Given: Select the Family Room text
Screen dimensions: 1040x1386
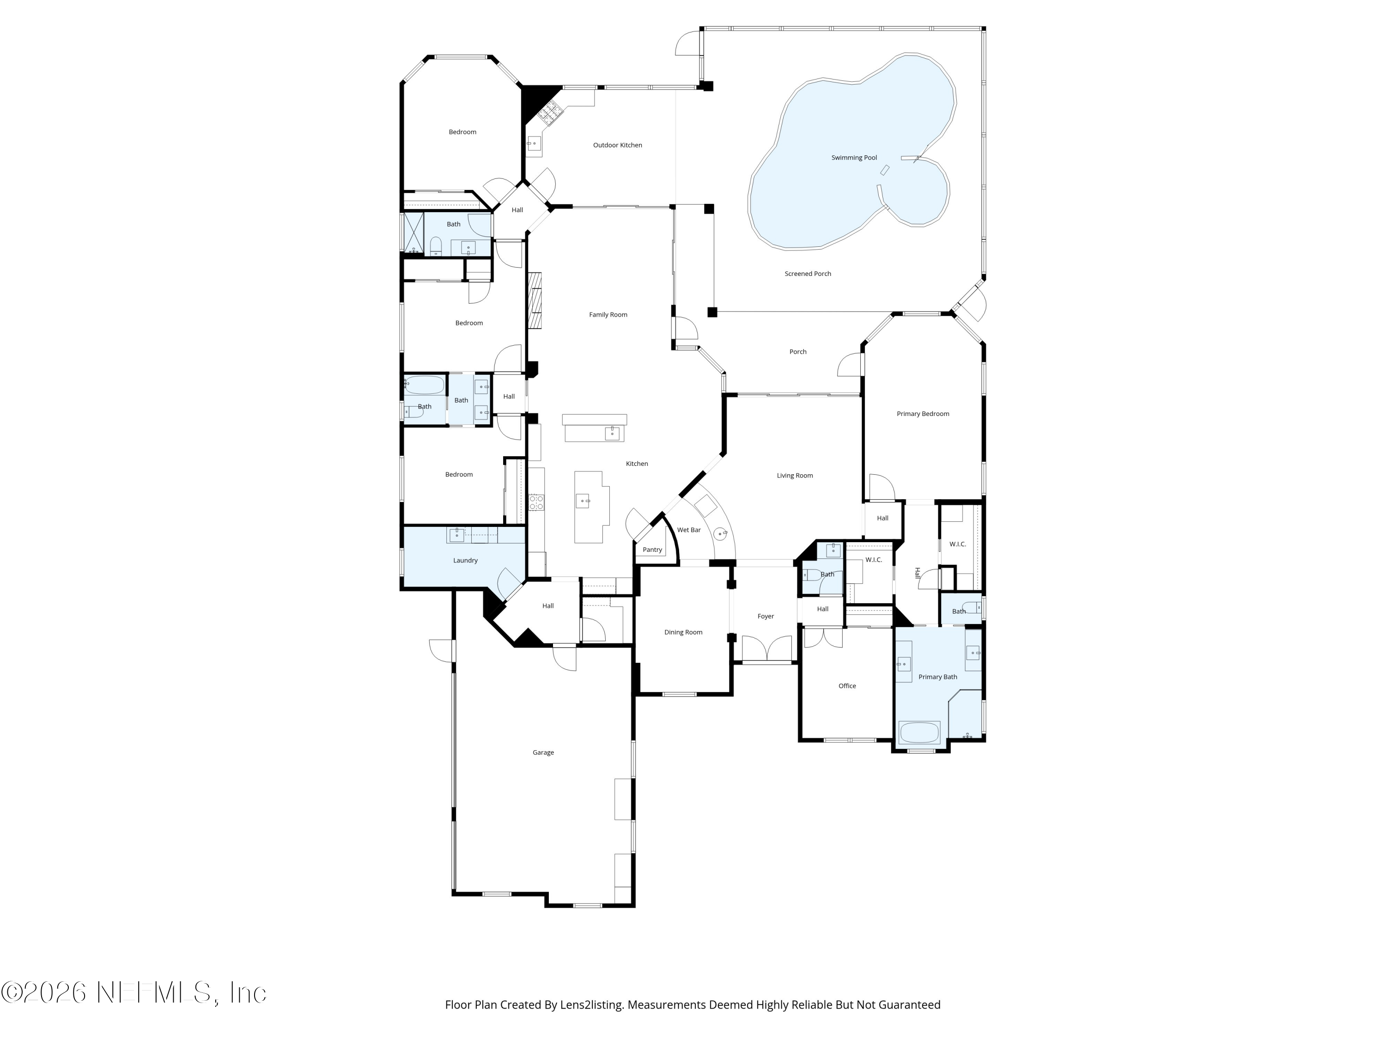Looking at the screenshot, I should pyautogui.click(x=608, y=315).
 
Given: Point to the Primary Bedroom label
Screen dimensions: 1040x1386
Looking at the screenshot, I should pyautogui.click(x=922, y=414).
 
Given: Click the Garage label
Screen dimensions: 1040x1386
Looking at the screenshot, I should pyautogui.click(x=543, y=752).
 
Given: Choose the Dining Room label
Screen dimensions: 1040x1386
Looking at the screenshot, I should pyautogui.click(x=683, y=632).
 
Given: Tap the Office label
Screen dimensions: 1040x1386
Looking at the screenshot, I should pyautogui.click(x=846, y=686).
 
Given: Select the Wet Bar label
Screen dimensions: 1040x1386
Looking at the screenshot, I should pyautogui.click(x=689, y=530).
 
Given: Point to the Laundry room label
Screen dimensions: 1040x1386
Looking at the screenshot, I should pyautogui.click(x=465, y=560).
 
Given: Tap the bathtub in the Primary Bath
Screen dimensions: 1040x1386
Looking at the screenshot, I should pyautogui.click(x=919, y=733).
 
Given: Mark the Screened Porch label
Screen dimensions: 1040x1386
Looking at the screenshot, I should pyautogui.click(x=808, y=274).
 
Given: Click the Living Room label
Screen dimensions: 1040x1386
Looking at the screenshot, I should pyautogui.click(x=795, y=476).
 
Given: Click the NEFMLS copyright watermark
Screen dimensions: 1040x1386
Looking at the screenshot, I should pyautogui.click(x=134, y=992).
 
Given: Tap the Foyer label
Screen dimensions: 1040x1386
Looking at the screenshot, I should pyautogui.click(x=765, y=616).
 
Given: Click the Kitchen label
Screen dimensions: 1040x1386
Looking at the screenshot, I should pyautogui.click(x=637, y=464).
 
